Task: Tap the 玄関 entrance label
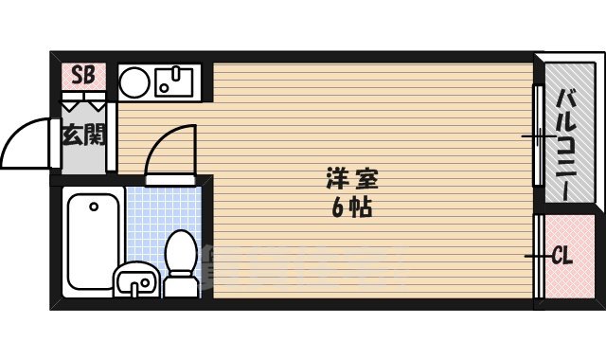point(83,135)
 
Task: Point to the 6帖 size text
point(350,207)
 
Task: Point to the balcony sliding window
point(537,137)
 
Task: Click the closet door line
point(538,258)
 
